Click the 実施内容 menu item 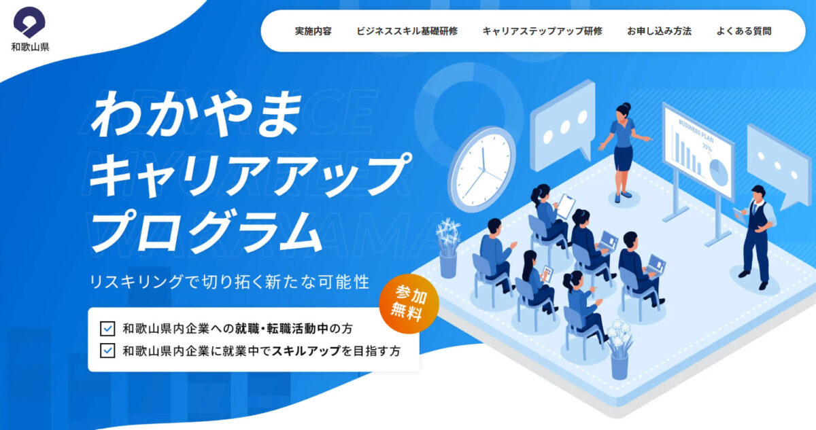(x=313, y=31)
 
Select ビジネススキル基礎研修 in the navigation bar (x=407, y=31)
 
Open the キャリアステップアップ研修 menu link (x=543, y=31)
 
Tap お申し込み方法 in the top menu (x=659, y=31)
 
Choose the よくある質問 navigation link (x=744, y=31)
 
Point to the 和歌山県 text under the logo (x=30, y=48)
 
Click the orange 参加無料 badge (x=409, y=304)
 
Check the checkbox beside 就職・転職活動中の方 (x=107, y=329)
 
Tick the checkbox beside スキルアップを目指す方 (x=107, y=351)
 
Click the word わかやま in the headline (x=197, y=114)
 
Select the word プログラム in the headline (x=207, y=231)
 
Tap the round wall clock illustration (x=481, y=169)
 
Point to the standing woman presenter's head (x=624, y=111)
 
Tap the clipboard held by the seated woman (x=566, y=206)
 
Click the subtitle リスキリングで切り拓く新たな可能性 (x=230, y=282)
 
